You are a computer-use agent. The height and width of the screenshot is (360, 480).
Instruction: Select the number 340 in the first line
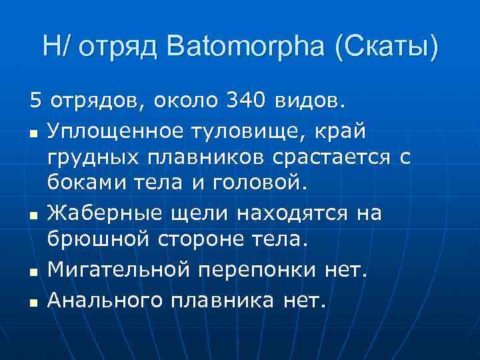click(x=246, y=102)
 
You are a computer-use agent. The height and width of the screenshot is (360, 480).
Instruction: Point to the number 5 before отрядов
click(x=35, y=102)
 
